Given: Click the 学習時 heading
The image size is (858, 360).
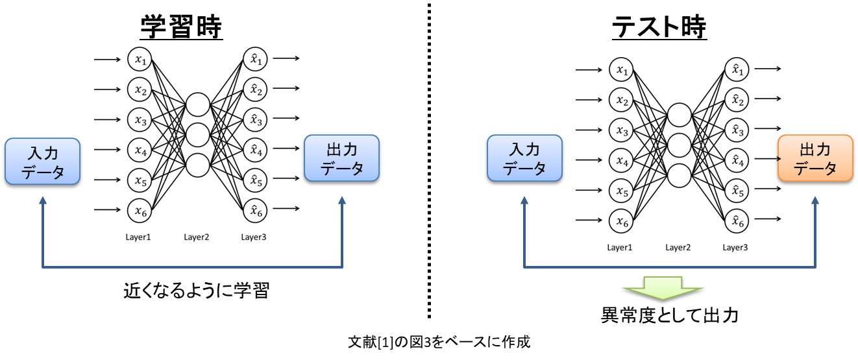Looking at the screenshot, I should click(x=182, y=28).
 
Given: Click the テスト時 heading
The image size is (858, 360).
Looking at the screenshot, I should click(x=659, y=28).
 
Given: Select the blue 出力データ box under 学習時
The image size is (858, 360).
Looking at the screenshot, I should click(x=341, y=159).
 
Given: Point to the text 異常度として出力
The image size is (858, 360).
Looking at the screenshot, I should click(x=669, y=315).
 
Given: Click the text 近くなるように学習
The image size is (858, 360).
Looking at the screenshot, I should click(x=196, y=291).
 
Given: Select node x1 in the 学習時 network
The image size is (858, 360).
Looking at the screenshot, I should click(x=139, y=60).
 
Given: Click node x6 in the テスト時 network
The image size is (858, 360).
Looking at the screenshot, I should click(x=621, y=222).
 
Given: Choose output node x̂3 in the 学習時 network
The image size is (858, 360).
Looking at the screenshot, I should click(x=255, y=120).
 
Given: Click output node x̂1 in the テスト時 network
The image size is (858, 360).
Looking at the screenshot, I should click(x=736, y=69).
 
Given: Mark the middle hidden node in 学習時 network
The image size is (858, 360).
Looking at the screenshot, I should click(x=197, y=135).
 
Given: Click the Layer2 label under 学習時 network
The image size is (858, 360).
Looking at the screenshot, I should click(x=196, y=237).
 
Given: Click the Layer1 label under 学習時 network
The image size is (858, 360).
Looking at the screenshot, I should click(x=138, y=237).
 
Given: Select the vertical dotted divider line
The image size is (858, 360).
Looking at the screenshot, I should click(x=429, y=162).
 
